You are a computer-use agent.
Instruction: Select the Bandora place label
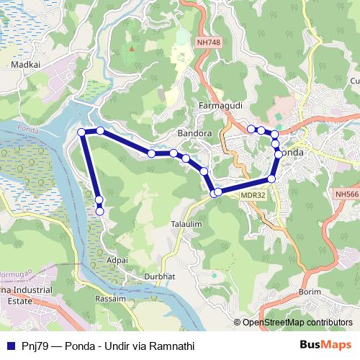[x=194, y=134]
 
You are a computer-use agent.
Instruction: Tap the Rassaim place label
[x=111, y=298]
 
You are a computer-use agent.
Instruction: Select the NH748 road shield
[x=208, y=43]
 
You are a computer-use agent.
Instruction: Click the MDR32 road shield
[x=253, y=194]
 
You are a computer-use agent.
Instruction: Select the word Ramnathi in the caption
[x=171, y=346]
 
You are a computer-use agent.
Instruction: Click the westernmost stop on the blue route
[x=81, y=132]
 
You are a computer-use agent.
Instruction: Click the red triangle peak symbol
[x=131, y=49]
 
